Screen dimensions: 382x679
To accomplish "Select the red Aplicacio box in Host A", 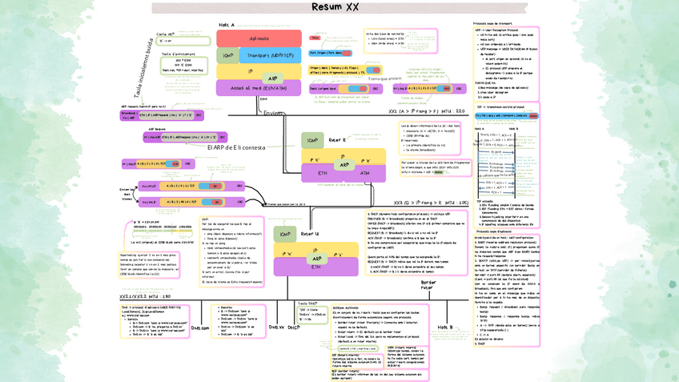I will [259, 38].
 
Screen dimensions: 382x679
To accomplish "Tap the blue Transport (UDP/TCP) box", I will [269, 55].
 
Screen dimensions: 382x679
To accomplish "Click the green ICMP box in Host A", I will [228, 55].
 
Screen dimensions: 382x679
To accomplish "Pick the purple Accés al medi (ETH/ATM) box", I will [259, 88].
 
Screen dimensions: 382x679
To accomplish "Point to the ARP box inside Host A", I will [272, 78].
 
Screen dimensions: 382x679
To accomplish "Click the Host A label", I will [227, 25].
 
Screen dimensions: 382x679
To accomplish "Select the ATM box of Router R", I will [365, 172].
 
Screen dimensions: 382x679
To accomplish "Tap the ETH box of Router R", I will [323, 172].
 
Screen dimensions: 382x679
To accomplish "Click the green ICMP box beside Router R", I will [313, 140].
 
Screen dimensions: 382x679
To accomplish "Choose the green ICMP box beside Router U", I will [286, 234].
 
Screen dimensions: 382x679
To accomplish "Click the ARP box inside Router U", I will [317, 259].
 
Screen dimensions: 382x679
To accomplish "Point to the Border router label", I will [429, 285].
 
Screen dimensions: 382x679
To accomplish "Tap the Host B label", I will [445, 327].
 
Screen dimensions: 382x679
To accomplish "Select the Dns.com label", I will [200, 328].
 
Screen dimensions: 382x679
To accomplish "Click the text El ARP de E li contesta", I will [236, 147].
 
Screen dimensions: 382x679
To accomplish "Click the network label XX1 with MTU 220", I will [426, 111].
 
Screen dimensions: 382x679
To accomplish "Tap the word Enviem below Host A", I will [274, 113].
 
